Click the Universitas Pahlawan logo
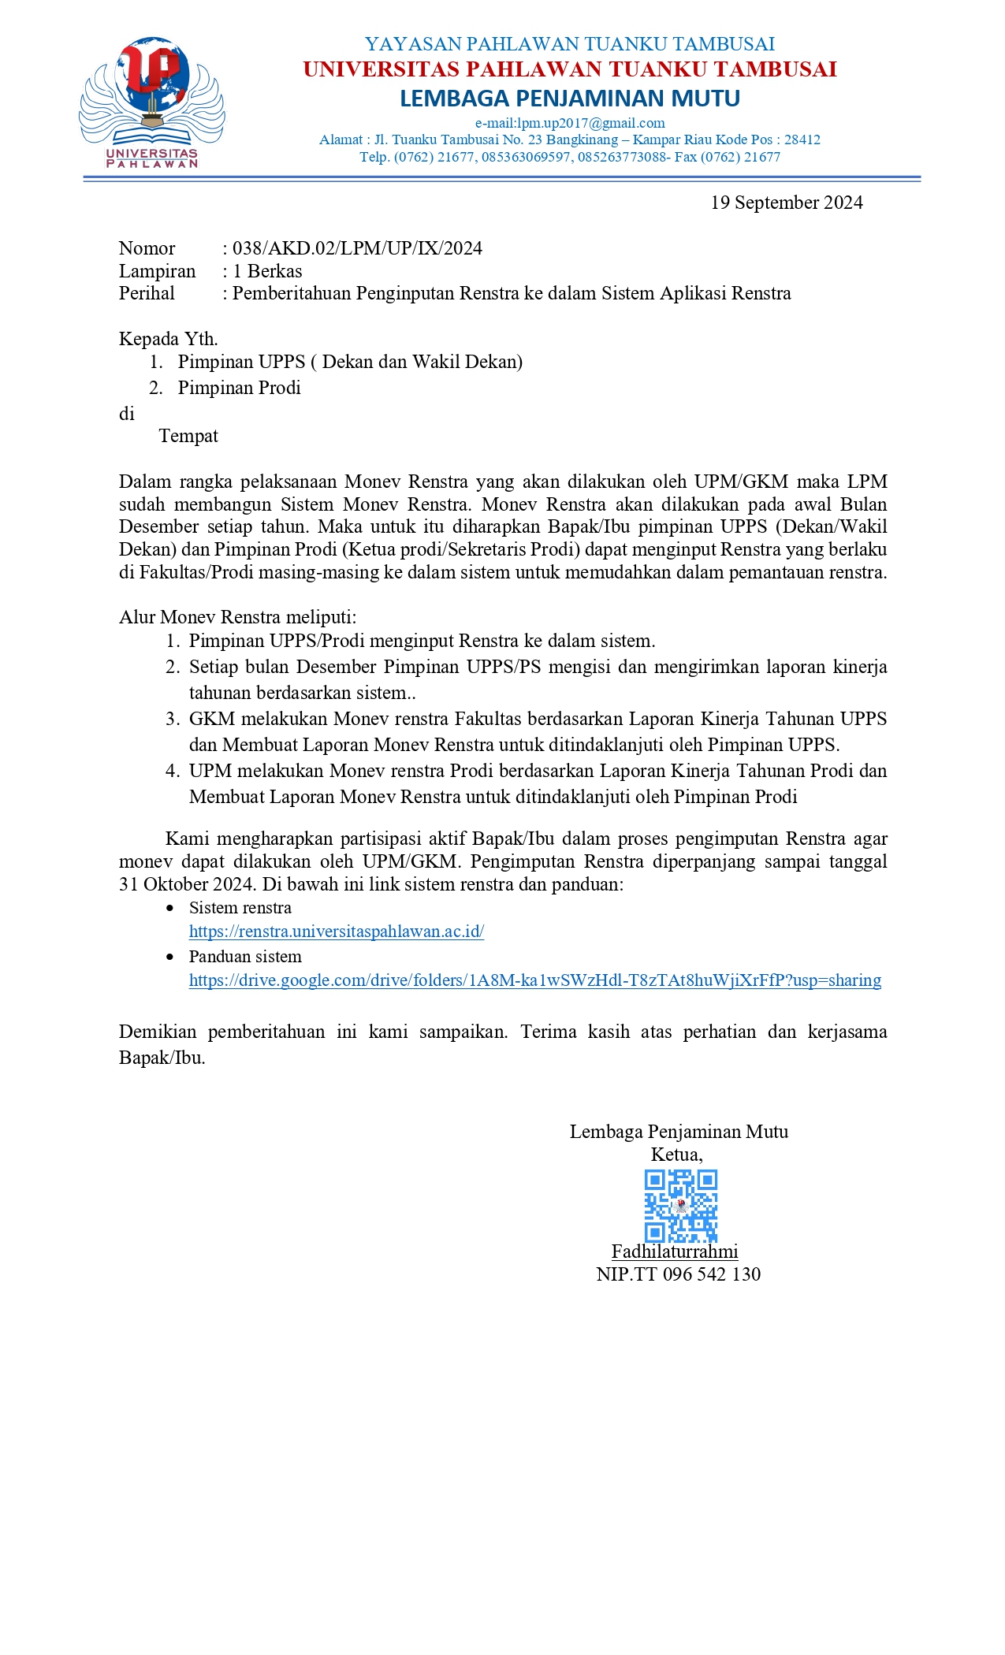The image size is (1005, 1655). point(151,102)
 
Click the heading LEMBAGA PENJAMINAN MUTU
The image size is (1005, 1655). point(569,99)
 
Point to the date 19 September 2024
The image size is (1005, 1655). point(786,203)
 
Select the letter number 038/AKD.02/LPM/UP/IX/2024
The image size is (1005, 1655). point(357,248)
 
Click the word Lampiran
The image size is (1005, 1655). point(157,271)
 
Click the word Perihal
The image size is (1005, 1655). point(147,293)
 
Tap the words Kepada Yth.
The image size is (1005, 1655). point(168,339)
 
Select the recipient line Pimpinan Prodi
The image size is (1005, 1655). point(239,388)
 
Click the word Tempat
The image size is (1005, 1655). point(188,436)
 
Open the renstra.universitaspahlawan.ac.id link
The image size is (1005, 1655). point(336,932)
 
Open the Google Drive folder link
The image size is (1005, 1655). point(534,980)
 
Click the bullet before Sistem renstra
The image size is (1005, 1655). point(170,909)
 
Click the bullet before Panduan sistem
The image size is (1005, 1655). point(170,958)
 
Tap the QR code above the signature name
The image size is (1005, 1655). point(680,1206)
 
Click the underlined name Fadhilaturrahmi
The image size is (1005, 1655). point(675,1251)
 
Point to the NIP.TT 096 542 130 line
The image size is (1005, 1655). point(678,1274)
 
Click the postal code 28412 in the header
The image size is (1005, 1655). point(802,139)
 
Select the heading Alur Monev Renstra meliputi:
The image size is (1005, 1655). point(237,617)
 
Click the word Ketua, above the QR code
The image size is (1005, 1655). point(676,1155)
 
